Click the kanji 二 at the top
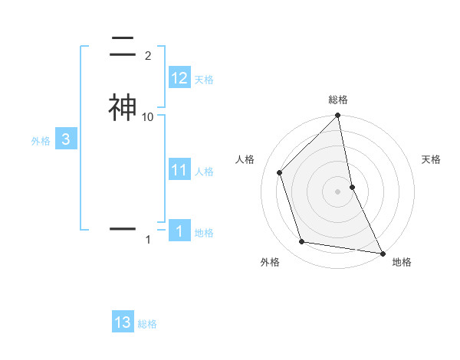pyautogui.click(x=123, y=46)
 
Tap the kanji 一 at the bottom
pyautogui.click(x=123, y=228)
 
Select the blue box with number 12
pyautogui.click(x=179, y=78)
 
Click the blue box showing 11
pyautogui.click(x=179, y=170)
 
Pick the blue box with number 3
pyautogui.click(x=66, y=139)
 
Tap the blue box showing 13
pyautogui.click(x=123, y=322)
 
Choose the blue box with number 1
pyautogui.click(x=179, y=231)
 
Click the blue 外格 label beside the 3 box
pyautogui.click(x=41, y=141)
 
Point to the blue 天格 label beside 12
pyautogui.click(x=204, y=80)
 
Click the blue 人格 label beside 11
pyautogui.click(x=205, y=172)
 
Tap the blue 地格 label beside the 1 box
pyautogui.click(x=205, y=233)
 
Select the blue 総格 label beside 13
pyautogui.click(x=147, y=324)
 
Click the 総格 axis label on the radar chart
pyautogui.click(x=338, y=100)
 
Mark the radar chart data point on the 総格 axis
pyautogui.click(x=338, y=116)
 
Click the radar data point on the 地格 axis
pyautogui.click(x=382, y=252)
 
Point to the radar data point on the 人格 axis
pyautogui.click(x=280, y=172)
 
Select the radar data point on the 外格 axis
pyautogui.click(x=302, y=242)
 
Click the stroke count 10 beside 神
pyautogui.click(x=148, y=116)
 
